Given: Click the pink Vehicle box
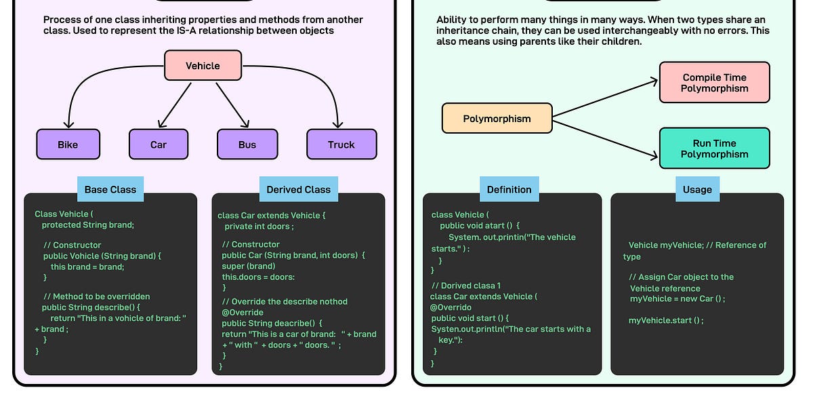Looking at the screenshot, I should click(203, 66).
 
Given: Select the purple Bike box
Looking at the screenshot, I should click(68, 144).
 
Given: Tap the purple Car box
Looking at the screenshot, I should click(158, 144).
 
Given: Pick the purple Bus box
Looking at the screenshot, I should click(247, 144).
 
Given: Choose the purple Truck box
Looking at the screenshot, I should click(341, 144).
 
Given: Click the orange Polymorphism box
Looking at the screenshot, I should click(497, 119).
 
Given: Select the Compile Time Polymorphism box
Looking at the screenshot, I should click(714, 83).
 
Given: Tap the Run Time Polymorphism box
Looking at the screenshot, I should click(714, 149).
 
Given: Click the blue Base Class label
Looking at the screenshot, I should click(110, 189).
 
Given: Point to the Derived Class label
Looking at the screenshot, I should click(298, 189).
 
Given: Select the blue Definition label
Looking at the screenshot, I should click(509, 189).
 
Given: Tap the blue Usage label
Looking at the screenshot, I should click(697, 189).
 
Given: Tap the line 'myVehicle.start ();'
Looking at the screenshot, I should click(666, 320).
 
